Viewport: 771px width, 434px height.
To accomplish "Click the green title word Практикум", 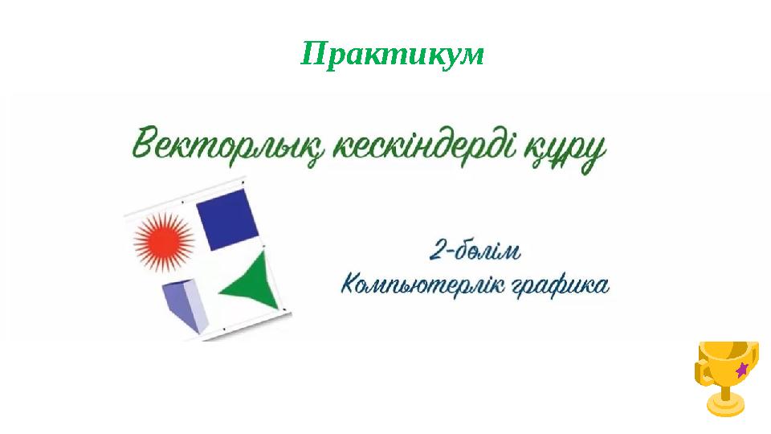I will tap(393, 55).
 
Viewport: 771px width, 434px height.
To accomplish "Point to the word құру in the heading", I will tap(562, 153).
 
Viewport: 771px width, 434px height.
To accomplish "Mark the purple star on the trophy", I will tap(742, 369).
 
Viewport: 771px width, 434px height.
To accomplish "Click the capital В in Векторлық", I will tap(143, 147).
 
